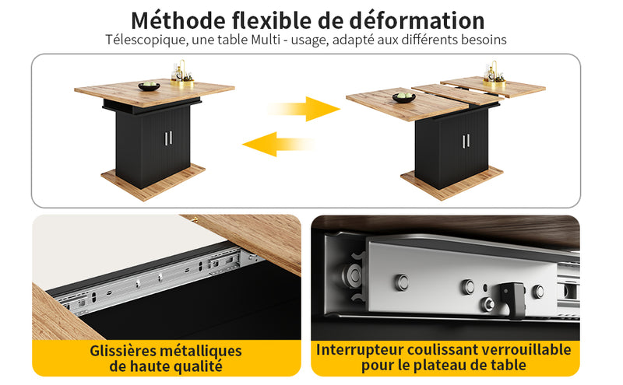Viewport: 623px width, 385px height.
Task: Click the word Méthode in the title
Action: pos(178,21)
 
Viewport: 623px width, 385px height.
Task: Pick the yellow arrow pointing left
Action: pos(278,144)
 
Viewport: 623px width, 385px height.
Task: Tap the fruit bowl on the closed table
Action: pos(149,86)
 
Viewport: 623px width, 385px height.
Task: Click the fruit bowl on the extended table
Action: pos(403,97)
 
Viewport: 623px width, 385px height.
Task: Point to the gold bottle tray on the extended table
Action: pos(495,75)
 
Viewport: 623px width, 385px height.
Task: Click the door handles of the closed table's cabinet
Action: pos(168,138)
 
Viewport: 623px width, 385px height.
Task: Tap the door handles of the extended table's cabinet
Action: pos(466,141)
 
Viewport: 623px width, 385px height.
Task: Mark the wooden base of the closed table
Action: pos(153,182)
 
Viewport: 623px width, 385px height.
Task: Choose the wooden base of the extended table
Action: pos(452,183)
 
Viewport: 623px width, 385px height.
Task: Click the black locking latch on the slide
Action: pos(513,299)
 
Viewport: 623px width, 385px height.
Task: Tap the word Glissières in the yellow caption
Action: pos(120,351)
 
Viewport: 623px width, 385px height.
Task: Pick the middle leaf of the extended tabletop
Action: pos(456,94)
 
